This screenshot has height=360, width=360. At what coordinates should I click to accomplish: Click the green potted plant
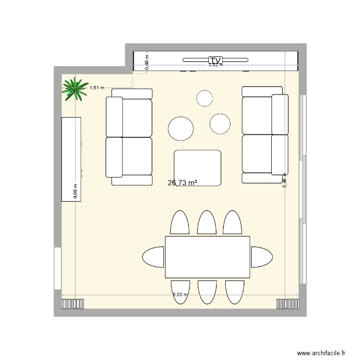pos(74,89)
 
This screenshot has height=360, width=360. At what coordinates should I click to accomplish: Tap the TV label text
pos(216,60)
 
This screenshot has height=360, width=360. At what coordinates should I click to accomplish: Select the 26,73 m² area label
pos(182,182)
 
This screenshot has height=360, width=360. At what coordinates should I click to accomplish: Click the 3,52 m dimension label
pos(216,65)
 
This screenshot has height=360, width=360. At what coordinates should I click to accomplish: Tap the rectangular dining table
pos(207,257)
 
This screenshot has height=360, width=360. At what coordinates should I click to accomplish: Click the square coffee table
pos(197,168)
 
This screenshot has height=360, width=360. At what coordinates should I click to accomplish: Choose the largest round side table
pos(181,129)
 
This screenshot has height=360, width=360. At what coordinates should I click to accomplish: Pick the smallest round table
pos(204,98)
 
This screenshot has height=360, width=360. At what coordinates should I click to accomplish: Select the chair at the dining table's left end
pos(154,257)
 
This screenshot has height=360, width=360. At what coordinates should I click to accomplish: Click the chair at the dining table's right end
pos(262,257)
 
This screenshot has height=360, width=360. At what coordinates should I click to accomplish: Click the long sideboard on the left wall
pos(72,159)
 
